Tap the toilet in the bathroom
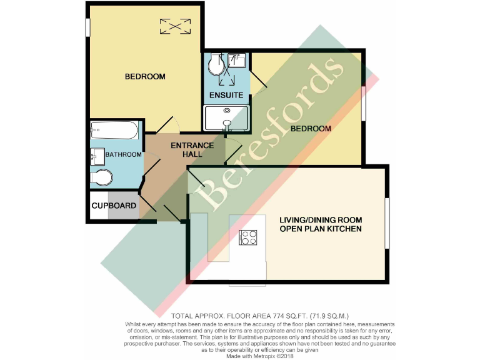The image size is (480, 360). pyautogui.click(x=101, y=177)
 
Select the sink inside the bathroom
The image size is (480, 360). pyautogui.click(x=97, y=155)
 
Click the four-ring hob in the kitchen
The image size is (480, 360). pyautogui.click(x=248, y=237)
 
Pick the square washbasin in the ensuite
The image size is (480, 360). pyautogui.click(x=237, y=61)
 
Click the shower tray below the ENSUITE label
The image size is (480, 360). pyautogui.click(x=226, y=118)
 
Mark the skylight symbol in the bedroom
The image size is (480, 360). pyautogui.click(x=174, y=27)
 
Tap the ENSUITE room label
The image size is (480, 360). pyautogui.click(x=226, y=96)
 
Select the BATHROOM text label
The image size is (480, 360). pyautogui.click(x=123, y=155)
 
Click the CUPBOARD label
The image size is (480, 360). pyautogui.click(x=114, y=206)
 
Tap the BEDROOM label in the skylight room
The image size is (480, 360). pyautogui.click(x=145, y=77)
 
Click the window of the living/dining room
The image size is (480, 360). pyautogui.click(x=387, y=223)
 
